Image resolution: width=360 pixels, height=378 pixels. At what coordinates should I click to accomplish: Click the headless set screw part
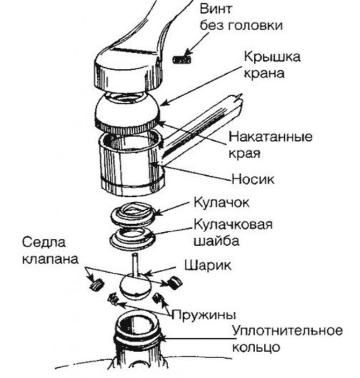click(x=182, y=59)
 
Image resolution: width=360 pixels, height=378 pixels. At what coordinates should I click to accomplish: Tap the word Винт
click(x=216, y=9)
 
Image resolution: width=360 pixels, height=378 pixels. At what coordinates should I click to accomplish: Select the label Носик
click(x=253, y=180)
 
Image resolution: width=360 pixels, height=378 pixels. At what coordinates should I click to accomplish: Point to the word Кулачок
click(x=221, y=203)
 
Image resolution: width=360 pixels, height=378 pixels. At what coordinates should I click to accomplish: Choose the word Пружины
click(x=204, y=315)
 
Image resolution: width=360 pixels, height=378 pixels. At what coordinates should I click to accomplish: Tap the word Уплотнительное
click(x=287, y=331)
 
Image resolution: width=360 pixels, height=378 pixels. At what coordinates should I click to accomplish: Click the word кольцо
click(x=256, y=347)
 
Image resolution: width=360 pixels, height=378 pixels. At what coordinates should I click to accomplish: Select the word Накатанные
click(x=270, y=137)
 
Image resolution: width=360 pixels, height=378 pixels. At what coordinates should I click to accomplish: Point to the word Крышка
click(x=272, y=57)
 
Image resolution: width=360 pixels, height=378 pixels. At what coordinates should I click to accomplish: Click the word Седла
click(x=44, y=242)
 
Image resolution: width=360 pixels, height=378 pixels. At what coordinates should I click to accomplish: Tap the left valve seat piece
click(x=97, y=284)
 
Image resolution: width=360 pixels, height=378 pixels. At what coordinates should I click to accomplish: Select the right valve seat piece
click(x=175, y=282)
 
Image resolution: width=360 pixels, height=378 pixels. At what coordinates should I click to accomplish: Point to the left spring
click(x=113, y=299)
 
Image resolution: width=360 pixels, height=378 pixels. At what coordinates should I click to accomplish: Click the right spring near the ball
click(x=157, y=298)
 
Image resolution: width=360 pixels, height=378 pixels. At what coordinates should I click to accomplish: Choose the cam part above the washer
click(x=133, y=214)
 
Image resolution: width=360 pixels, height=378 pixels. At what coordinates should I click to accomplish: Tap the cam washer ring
click(x=132, y=239)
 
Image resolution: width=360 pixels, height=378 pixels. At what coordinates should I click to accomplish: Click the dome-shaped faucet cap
click(x=127, y=112)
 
